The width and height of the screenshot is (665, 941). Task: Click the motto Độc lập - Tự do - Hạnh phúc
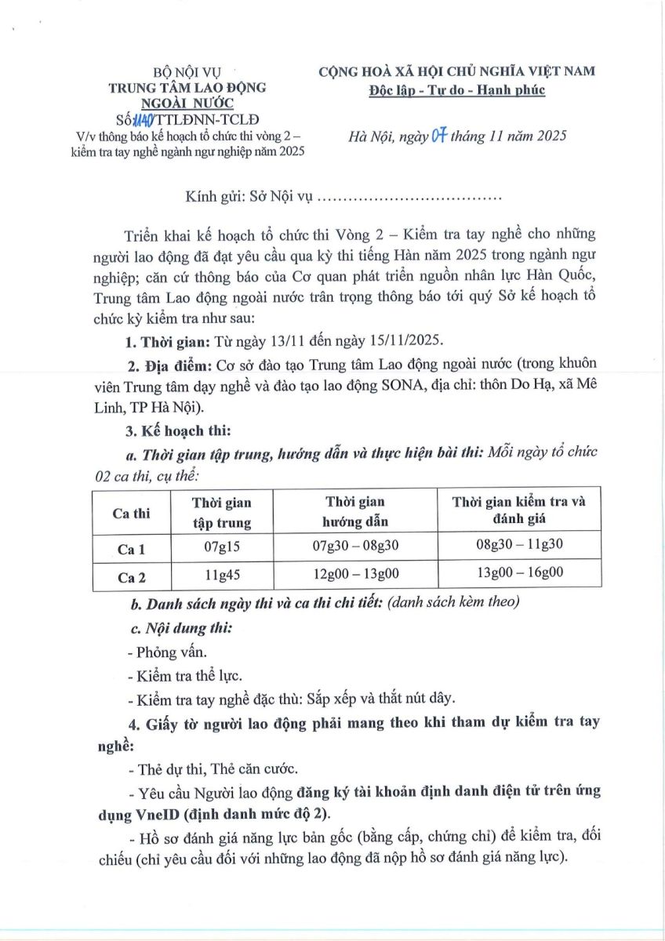(x=457, y=90)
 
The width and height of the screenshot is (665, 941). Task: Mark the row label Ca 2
(x=132, y=578)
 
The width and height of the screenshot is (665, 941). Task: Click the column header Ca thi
(x=132, y=513)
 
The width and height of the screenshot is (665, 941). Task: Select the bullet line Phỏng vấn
(x=162, y=652)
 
